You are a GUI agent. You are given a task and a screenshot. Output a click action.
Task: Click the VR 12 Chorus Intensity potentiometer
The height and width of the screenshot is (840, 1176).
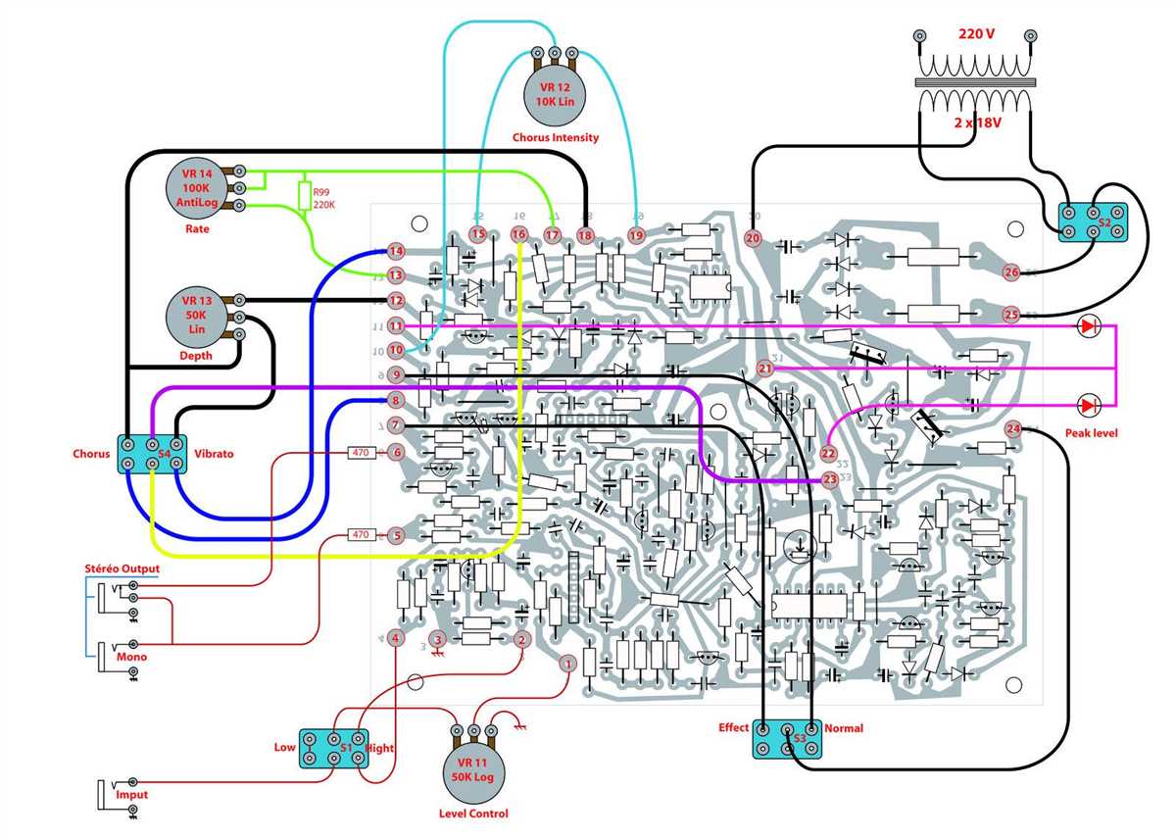tap(554, 94)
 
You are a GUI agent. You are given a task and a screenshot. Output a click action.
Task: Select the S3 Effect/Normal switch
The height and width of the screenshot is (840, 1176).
tap(788, 739)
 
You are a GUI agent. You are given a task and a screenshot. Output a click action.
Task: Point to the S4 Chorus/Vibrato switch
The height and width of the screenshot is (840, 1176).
tap(152, 454)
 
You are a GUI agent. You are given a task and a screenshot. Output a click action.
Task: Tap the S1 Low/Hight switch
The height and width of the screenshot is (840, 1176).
tap(333, 748)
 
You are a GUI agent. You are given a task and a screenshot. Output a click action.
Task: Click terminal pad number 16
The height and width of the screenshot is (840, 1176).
tap(518, 234)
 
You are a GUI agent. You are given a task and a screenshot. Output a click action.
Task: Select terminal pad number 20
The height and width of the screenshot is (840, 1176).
tap(753, 237)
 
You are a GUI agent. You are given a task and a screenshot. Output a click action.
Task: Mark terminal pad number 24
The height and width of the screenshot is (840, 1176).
tap(1013, 428)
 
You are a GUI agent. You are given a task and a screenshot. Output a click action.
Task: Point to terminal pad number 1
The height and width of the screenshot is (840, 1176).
tap(566, 664)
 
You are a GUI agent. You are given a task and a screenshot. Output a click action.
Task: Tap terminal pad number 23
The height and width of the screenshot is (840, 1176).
tap(831, 479)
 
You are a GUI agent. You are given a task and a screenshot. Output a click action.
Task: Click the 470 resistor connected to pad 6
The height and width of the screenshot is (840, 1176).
tap(361, 453)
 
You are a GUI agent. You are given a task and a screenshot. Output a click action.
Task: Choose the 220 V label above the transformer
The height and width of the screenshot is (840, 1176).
tap(975, 33)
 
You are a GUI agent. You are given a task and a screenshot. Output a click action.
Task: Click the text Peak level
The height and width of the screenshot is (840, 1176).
tap(1091, 432)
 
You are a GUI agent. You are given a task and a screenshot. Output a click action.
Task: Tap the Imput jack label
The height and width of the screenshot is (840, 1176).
tap(131, 794)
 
